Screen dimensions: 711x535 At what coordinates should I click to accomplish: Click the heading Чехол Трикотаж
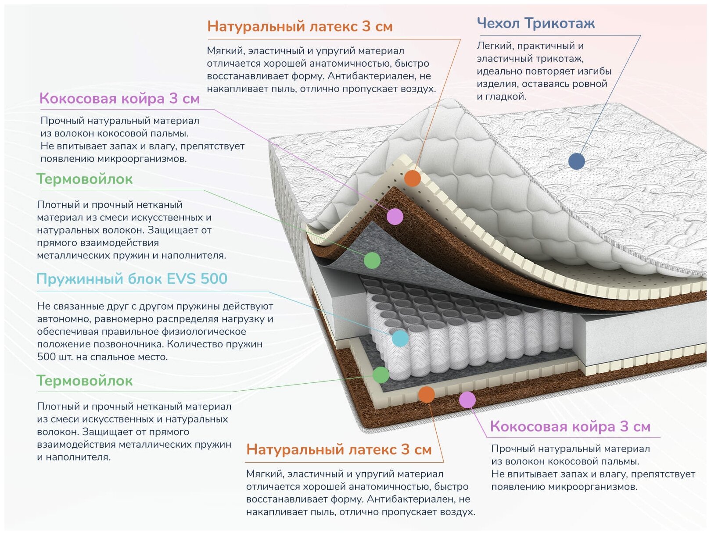click(x=535, y=23)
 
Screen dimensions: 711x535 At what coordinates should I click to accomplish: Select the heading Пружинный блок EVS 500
click(x=132, y=279)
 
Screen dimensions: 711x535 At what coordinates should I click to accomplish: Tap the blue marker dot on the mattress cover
click(x=576, y=161)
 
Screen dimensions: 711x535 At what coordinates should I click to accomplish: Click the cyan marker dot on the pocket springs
click(x=400, y=338)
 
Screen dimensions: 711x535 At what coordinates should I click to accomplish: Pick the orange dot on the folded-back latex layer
click(x=412, y=178)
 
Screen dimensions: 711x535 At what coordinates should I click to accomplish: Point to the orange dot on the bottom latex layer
click(x=426, y=394)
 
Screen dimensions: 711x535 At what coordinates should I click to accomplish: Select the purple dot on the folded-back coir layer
click(x=395, y=216)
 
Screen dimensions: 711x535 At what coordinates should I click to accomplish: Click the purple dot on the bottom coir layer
click(x=467, y=399)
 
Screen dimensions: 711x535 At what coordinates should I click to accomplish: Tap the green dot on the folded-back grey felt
click(x=372, y=260)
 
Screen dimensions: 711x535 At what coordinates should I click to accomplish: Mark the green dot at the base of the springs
click(x=381, y=375)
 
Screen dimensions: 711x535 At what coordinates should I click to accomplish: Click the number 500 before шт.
click(x=46, y=357)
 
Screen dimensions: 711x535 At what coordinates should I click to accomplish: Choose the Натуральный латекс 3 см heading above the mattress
click(x=300, y=26)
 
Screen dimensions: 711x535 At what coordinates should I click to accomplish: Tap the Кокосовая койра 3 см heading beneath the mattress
click(x=570, y=427)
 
